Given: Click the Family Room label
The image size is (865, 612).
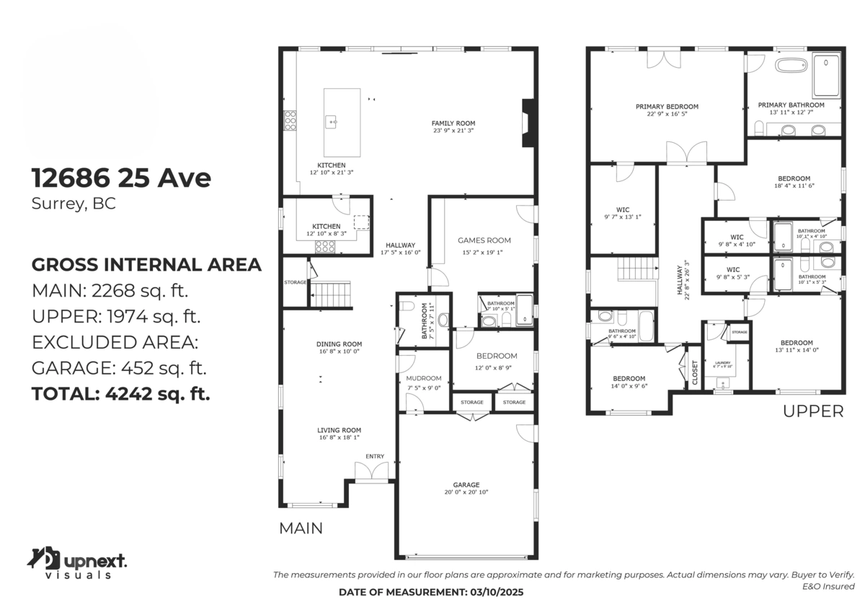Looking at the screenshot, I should (453, 123).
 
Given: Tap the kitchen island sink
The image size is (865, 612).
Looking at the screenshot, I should (333, 123).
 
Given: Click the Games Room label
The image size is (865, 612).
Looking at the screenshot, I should (484, 240).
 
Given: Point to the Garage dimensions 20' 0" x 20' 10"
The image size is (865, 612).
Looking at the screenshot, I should (466, 492).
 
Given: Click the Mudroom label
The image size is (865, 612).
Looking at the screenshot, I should (423, 377).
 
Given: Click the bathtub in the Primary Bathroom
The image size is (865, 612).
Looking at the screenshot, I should (792, 66).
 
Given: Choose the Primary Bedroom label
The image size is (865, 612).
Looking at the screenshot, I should (667, 107).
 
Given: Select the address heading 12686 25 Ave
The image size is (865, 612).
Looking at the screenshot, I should (121, 178).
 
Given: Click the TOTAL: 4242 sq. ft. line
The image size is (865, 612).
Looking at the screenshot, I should (121, 394).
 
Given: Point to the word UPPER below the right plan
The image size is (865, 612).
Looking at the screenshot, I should (812, 411).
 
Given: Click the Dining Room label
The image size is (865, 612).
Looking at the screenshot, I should (338, 344).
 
